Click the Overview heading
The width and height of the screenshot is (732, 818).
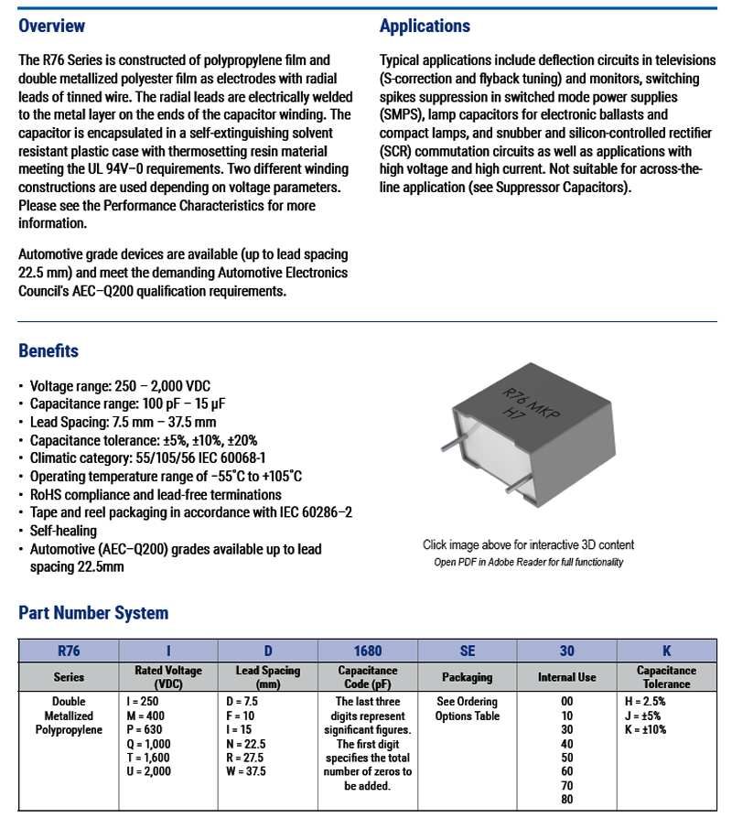(51, 26)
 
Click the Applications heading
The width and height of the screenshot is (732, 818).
(425, 26)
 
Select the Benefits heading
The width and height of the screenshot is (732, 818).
(48, 350)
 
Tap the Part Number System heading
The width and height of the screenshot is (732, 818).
(93, 613)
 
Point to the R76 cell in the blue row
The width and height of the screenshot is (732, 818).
(69, 651)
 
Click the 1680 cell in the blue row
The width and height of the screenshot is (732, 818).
(368, 651)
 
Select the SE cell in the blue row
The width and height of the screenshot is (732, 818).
(468, 651)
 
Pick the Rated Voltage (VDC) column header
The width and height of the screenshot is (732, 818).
(168, 677)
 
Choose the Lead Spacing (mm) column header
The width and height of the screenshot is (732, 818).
(268, 677)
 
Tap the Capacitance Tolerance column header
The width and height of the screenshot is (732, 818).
(666, 677)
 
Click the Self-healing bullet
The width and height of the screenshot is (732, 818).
(63, 531)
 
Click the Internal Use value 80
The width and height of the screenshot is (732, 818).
(567, 799)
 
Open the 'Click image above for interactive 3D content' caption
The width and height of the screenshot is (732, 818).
(528, 545)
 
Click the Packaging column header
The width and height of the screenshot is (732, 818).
(468, 677)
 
